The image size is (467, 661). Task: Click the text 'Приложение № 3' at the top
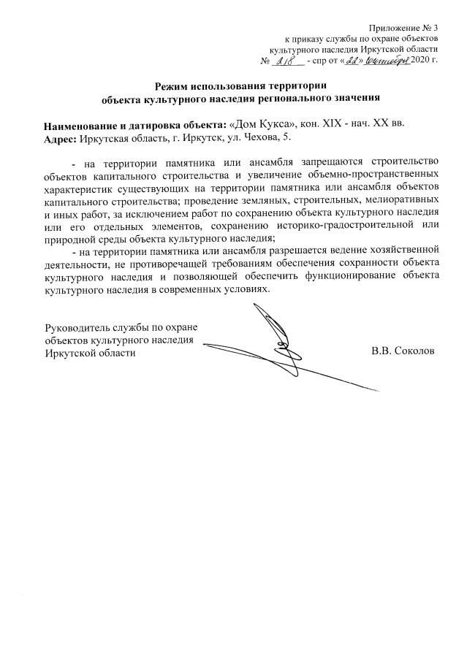coord(403,27)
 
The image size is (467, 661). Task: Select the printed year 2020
coord(421,59)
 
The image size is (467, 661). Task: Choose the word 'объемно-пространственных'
coord(375,175)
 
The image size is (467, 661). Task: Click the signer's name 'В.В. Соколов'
coord(403,351)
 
